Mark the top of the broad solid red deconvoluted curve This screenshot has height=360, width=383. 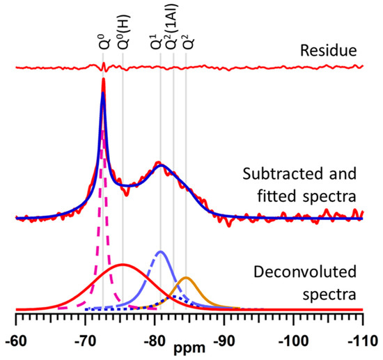[x=123, y=265]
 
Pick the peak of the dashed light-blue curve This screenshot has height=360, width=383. [x=160, y=251]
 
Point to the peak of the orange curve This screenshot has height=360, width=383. [x=185, y=278]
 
